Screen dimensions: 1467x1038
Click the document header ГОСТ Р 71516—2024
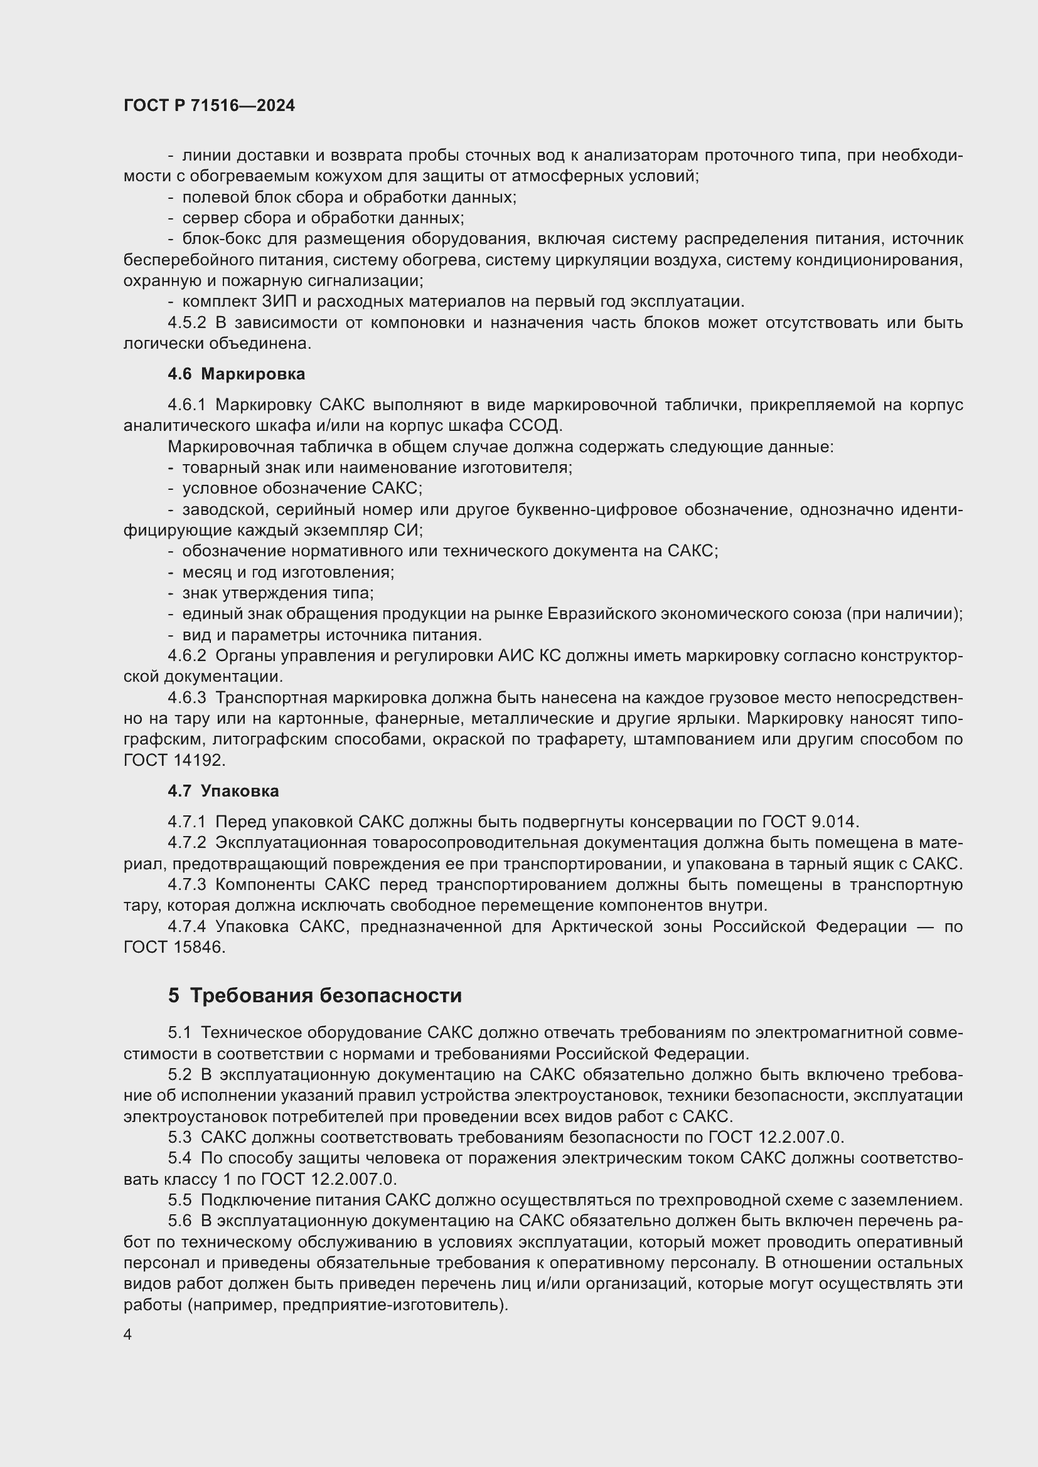209,106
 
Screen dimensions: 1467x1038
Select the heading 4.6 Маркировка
237,374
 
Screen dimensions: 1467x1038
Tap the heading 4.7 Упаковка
223,791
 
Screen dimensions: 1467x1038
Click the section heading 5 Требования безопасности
314,995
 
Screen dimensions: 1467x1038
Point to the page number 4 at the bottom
128,1335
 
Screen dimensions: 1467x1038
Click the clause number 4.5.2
186,322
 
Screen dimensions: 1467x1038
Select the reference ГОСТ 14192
174,760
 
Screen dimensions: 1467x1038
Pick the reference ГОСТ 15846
174,948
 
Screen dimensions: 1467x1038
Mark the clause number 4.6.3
186,697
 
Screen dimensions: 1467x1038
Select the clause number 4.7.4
186,926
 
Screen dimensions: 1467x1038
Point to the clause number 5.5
179,1200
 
